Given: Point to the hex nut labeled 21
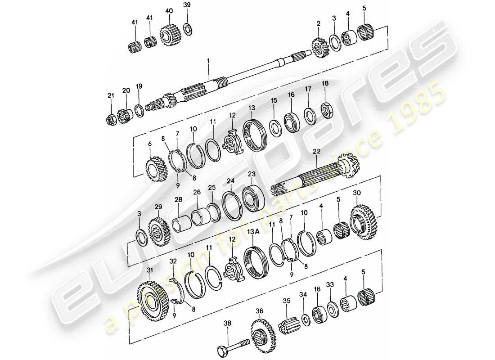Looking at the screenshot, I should click(x=111, y=120).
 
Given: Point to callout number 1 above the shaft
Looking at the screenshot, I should click(x=208, y=59).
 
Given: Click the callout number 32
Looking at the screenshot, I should click(x=173, y=261).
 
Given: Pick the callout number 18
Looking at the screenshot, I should click(x=324, y=84).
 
